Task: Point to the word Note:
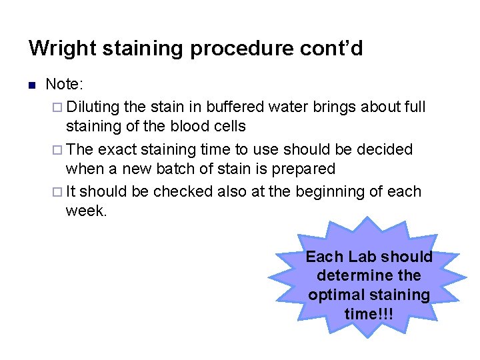63,85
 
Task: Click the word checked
181,192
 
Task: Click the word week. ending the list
85,211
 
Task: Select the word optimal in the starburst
335,294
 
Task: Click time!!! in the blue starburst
369,313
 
